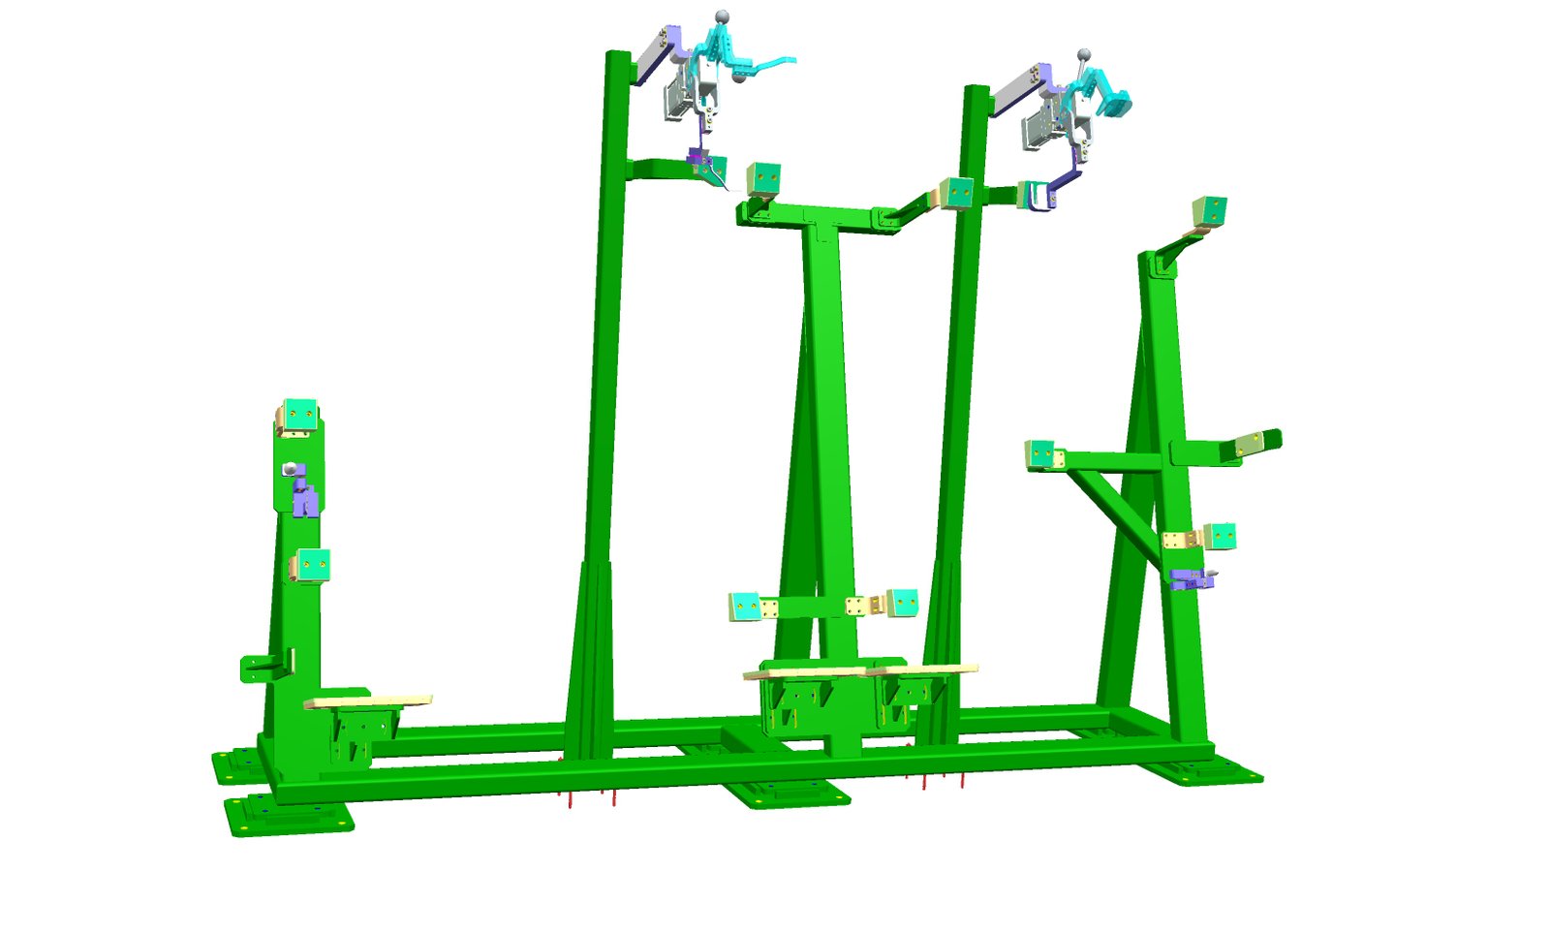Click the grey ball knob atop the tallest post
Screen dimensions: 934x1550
pyautogui.click(x=720, y=16)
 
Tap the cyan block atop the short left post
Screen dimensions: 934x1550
pyautogui.click(x=299, y=415)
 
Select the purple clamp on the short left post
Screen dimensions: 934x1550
pyautogui.click(x=304, y=496)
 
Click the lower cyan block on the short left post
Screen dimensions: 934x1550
pyautogui.click(x=312, y=564)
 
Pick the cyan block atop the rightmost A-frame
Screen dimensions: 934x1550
pyautogui.click(x=1210, y=211)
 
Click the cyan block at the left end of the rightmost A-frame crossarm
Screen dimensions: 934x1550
pyautogui.click(x=1039, y=453)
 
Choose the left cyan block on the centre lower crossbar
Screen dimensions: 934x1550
pyautogui.click(x=744, y=607)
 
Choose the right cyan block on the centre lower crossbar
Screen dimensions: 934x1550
pyautogui.click(x=902, y=603)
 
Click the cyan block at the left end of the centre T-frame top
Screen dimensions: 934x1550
pyautogui.click(x=763, y=179)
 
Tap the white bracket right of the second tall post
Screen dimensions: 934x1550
pyautogui.click(x=1039, y=195)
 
